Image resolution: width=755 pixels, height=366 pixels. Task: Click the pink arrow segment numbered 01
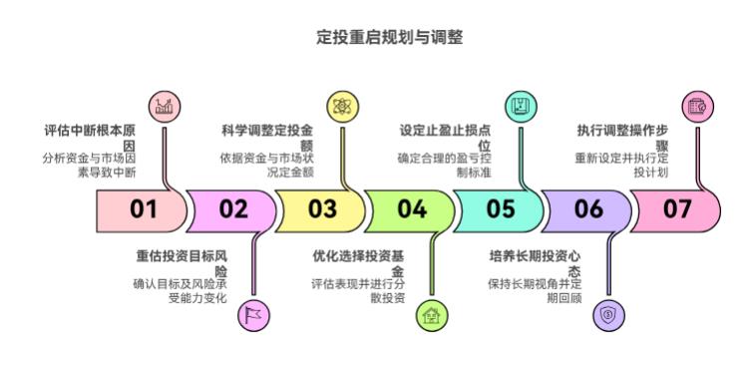point(142,209)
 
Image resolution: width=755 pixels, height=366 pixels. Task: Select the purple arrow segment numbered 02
point(232,209)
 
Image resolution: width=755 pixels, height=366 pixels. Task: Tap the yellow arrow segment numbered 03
point(321,209)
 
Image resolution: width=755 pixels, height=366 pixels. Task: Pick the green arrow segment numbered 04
point(411,209)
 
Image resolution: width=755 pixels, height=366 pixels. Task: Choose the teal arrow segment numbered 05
point(500,209)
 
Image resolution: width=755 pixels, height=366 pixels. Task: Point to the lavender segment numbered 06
point(588,209)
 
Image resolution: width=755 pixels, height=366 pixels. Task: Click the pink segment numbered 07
point(677,209)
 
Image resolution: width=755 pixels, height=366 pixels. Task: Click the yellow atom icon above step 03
point(342,105)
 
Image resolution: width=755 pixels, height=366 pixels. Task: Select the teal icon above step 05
point(519,105)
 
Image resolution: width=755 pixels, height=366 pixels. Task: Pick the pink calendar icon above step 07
point(697,105)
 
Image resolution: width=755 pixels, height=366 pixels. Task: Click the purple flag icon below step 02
point(253,315)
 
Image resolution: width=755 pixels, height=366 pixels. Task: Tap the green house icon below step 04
point(431,315)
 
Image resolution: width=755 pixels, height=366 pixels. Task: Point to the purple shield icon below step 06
point(608,315)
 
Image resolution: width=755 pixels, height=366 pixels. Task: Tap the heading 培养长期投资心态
point(536,262)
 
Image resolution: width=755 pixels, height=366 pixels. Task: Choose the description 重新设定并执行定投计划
point(623,165)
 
